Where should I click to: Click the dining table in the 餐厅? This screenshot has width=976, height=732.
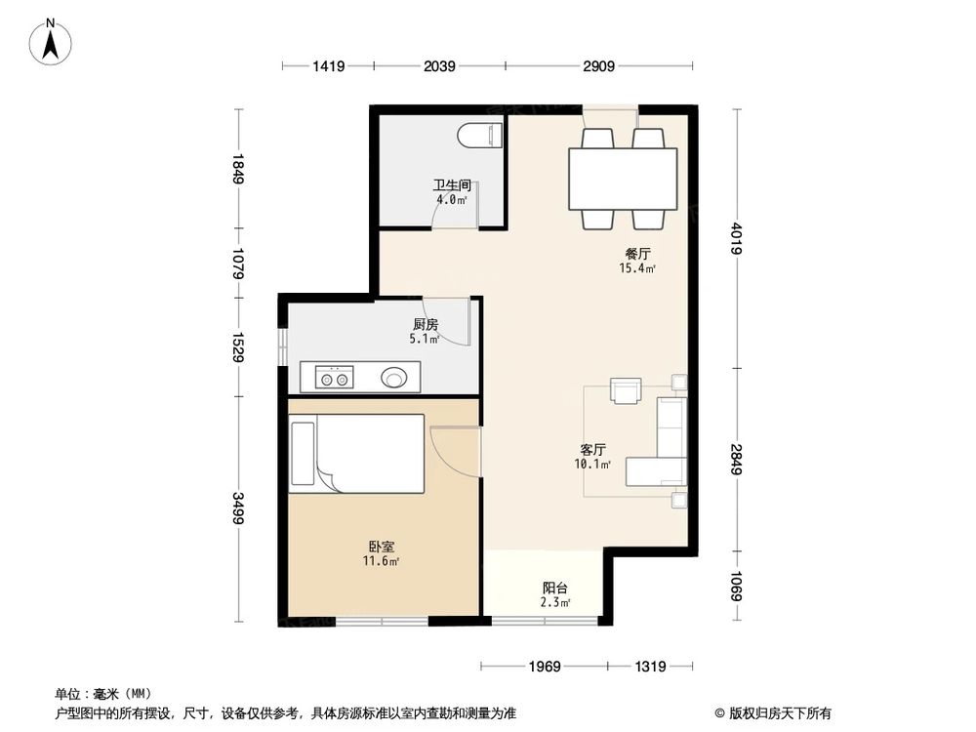(624, 179)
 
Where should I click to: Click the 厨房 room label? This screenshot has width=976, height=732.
(425, 325)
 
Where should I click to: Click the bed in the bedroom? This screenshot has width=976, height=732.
(357, 454)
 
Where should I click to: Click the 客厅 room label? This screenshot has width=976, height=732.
(593, 450)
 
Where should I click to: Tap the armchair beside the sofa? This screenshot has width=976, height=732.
(625, 390)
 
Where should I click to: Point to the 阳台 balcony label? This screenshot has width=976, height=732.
(555, 589)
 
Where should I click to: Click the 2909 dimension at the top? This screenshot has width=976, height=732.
(598, 66)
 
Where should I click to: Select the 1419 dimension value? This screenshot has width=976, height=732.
(329, 66)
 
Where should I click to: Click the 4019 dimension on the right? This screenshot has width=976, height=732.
(736, 240)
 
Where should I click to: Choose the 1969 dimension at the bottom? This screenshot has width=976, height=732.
(545, 667)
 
